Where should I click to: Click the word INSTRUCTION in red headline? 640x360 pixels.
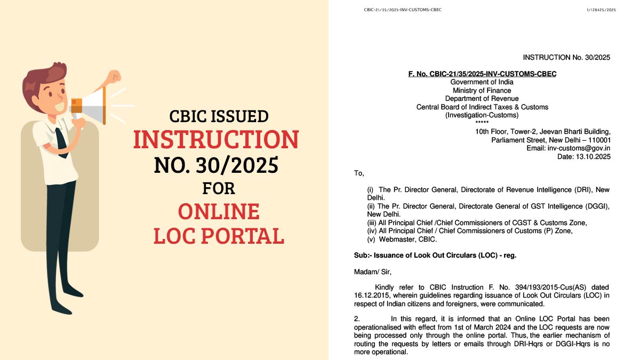click(215, 140)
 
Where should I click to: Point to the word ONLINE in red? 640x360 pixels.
click(219, 212)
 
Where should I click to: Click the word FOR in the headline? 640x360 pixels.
click(218, 189)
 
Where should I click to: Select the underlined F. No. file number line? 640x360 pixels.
click(482, 74)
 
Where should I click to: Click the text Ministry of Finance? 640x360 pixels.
click(482, 91)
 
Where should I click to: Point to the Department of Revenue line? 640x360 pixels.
click(482, 99)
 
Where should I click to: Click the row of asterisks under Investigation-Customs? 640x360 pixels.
click(482, 123)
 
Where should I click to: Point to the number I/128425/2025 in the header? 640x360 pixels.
click(601, 10)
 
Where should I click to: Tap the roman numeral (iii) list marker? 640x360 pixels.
click(372, 223)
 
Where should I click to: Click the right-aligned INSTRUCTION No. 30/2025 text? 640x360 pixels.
click(566, 58)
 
